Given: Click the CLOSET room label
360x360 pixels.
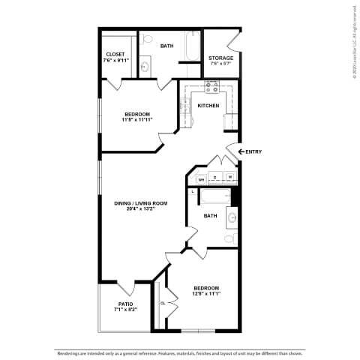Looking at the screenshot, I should click(115, 54).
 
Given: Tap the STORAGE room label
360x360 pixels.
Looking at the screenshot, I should click(220, 58).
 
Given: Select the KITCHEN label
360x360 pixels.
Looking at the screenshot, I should click(208, 106).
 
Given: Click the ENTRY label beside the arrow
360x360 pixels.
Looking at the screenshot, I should click(253, 152).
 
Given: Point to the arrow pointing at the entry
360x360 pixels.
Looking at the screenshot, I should click(241, 152).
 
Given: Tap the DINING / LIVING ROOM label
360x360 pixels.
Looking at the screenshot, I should click(140, 203).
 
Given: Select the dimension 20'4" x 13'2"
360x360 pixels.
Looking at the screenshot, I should click(140, 209).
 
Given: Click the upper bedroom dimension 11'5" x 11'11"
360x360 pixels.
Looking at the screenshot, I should click(137, 119).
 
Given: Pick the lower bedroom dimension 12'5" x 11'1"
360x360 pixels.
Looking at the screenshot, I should click(205, 294).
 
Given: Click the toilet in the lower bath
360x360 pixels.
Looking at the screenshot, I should click(230, 238).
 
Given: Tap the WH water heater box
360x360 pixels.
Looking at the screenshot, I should click(201, 179).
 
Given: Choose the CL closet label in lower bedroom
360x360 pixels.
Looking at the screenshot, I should click(162, 303).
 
